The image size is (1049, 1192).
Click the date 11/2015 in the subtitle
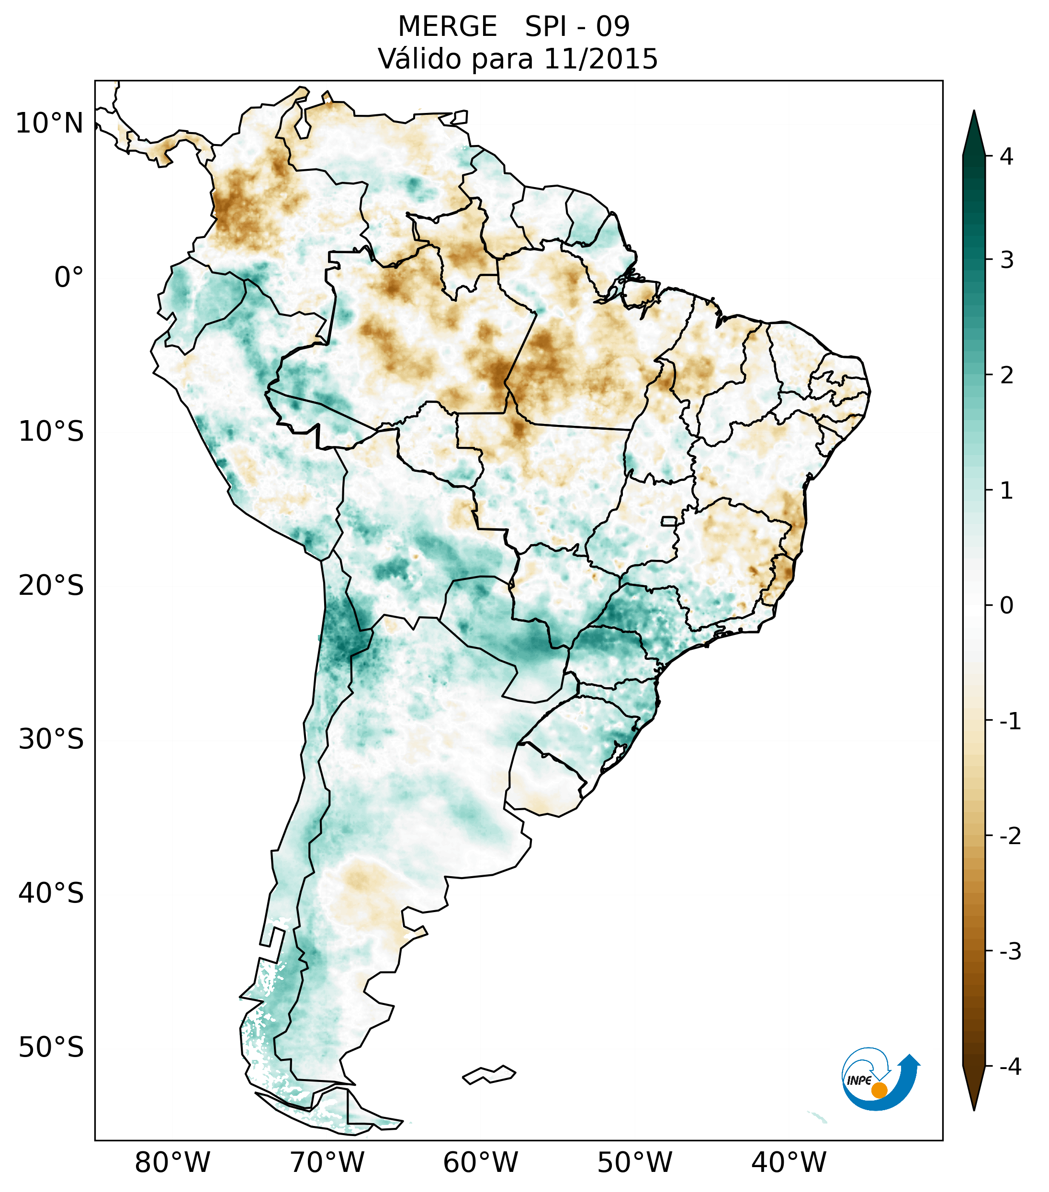[x=600, y=59]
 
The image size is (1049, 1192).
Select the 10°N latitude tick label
[x=50, y=123]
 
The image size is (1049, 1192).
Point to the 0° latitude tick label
[x=69, y=278]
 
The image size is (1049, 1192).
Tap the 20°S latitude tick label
[x=51, y=586]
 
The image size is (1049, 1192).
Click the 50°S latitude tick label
[x=51, y=1048]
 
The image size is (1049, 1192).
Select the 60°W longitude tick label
[x=480, y=1162]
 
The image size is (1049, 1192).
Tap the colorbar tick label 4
[x=1006, y=156]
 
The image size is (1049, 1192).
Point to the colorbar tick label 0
[x=1006, y=606]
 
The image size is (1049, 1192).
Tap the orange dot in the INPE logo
[x=879, y=1090]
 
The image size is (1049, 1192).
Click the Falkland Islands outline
[x=489, y=1074]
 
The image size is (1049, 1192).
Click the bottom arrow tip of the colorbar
[x=973, y=1109]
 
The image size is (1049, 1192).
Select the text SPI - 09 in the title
[x=577, y=27]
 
